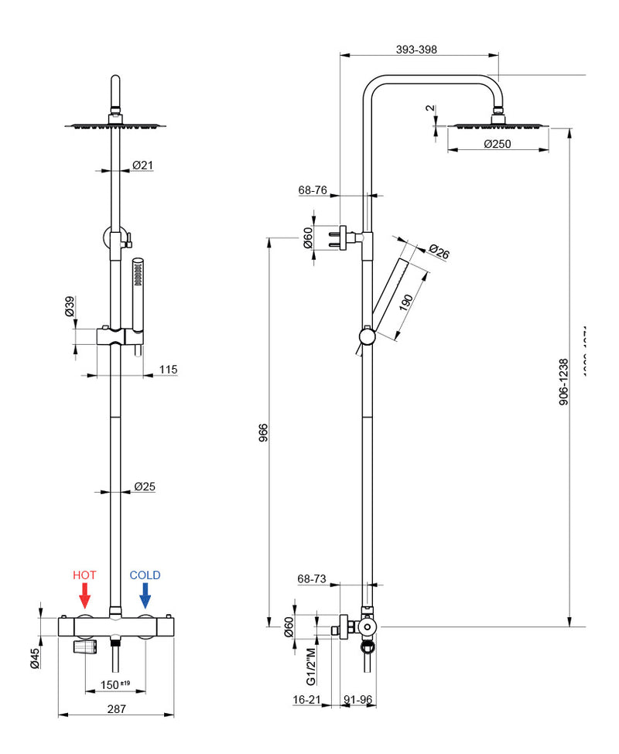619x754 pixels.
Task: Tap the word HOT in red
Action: tap(84, 575)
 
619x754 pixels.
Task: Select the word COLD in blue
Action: tap(145, 575)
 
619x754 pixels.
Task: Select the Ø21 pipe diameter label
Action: tap(142, 165)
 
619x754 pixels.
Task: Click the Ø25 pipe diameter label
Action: tap(145, 486)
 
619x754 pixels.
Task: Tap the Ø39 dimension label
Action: tap(70, 306)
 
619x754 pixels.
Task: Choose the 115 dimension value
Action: tap(167, 370)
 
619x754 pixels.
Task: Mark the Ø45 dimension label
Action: tap(35, 657)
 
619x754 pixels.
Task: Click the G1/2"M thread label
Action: tap(311, 667)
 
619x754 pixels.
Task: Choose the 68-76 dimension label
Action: tap(313, 189)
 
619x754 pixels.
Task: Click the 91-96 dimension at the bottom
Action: tap(358, 699)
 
